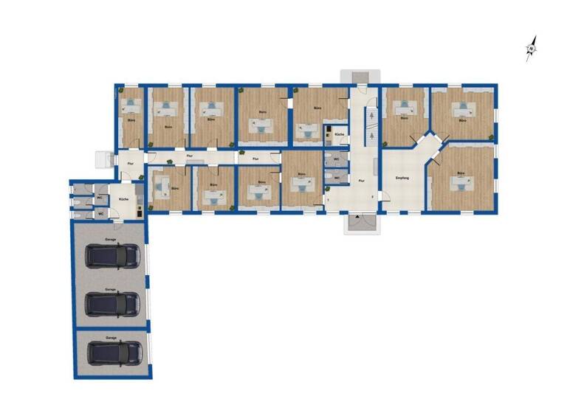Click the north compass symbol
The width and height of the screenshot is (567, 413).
tap(531, 49)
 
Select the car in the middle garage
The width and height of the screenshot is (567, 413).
tap(112, 303)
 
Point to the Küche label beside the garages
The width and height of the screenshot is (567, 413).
tap(124, 200)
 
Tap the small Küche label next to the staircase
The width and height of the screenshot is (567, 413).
tap(339, 135)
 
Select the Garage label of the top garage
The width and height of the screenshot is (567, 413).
tap(110, 240)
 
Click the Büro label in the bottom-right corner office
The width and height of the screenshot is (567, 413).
tap(461, 173)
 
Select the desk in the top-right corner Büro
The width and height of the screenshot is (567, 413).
tap(463, 108)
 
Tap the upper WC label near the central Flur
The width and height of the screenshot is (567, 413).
tap(336, 159)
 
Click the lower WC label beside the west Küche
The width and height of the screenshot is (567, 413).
tap(100, 215)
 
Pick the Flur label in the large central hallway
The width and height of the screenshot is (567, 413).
tap(361, 180)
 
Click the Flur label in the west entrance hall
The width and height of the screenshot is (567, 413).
tap(131, 162)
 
